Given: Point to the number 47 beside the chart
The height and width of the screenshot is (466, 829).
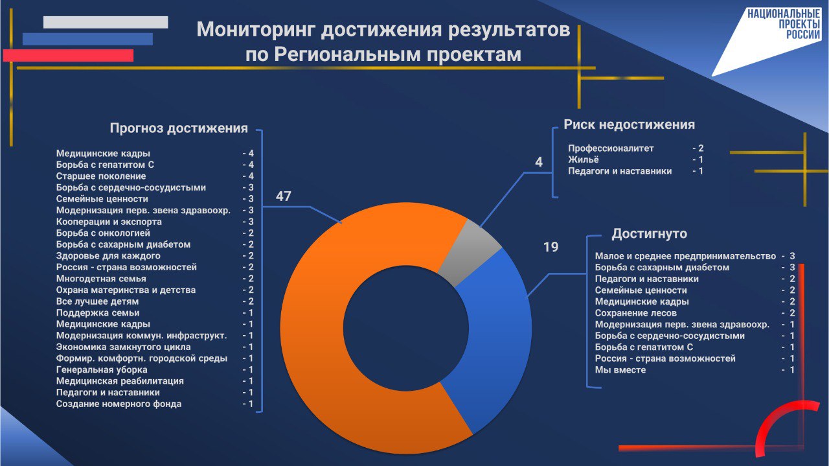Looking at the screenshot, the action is pos(284,196).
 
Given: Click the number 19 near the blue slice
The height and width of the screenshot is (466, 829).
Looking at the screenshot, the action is pos(551,247).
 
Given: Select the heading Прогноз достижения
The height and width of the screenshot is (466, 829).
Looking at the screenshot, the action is pos(179,128).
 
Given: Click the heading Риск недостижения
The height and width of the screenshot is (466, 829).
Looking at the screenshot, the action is pos(629,124).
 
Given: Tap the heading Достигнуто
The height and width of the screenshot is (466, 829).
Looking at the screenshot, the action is pos(649,234).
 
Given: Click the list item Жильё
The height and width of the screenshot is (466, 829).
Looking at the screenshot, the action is pos(584,159).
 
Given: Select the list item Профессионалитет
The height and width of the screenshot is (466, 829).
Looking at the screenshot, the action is pos(611,148).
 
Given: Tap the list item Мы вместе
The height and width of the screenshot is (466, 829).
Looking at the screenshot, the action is pos(620,369).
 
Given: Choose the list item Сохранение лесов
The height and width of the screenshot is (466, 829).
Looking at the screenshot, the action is pos(636,313).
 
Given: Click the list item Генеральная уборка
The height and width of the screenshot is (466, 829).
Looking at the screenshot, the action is pos(102,369).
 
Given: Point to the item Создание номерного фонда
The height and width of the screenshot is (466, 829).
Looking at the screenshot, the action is pos(119,404).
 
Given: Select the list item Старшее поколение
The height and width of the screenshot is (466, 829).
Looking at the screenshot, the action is pos(101,176).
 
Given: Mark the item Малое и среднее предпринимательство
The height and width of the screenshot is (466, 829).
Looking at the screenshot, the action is pos(685,256).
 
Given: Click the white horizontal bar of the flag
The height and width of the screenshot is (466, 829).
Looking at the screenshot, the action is pos(106,22).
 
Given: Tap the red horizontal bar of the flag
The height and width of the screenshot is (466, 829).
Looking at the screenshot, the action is pos(68,56).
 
